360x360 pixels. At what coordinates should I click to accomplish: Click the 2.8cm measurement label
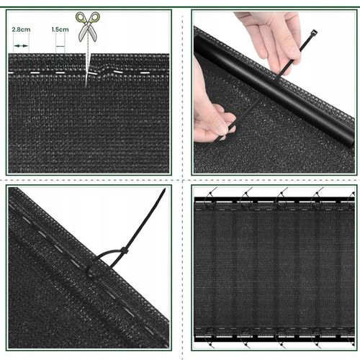pos(21,30)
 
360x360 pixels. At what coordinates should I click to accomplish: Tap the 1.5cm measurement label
pos(60,30)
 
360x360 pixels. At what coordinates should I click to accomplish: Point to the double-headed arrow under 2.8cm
pos(21,45)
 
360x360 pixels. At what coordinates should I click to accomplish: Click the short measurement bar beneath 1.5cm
pos(60,46)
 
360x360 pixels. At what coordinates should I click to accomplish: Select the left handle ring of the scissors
pos(81,17)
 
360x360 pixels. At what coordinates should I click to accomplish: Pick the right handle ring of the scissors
pos(95,17)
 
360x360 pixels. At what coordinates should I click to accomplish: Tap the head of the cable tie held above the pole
pos(314,32)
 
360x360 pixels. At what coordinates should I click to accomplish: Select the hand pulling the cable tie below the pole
pos(211,115)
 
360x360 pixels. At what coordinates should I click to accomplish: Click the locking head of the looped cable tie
pos(125,251)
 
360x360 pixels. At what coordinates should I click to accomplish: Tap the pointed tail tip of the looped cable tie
pos(164,189)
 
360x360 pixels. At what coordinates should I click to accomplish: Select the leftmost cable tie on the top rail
pos(211,196)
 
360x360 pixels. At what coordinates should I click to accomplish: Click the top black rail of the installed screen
pos(274,199)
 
